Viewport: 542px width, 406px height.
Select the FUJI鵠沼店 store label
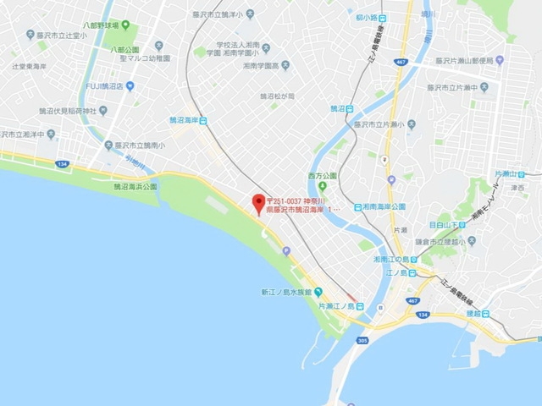(x=110, y=86)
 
